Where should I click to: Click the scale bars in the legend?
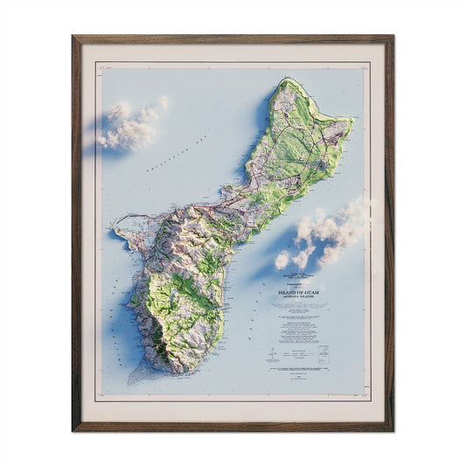coord(297,350)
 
